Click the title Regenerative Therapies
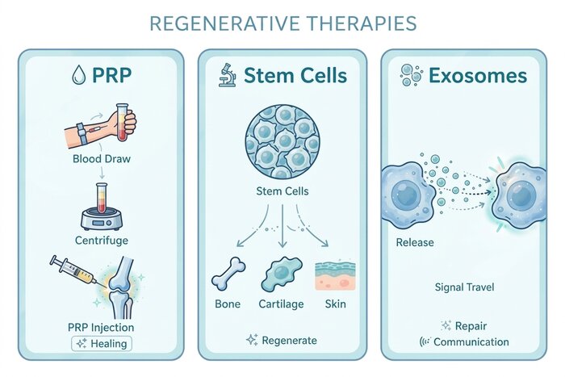click(x=282, y=23)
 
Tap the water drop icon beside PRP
click(x=79, y=75)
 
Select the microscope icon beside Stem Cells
click(x=227, y=75)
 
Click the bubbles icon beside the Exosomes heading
click(x=411, y=75)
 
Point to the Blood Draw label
click(x=102, y=158)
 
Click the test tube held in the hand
click(x=122, y=122)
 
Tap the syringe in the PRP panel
click(x=73, y=270)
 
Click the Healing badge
click(x=102, y=343)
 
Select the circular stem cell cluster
click(x=282, y=141)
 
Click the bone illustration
click(x=228, y=274)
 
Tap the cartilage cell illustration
click(x=282, y=274)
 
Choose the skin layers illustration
click(x=335, y=275)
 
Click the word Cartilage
click(x=281, y=304)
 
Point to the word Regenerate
click(x=289, y=340)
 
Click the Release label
click(x=415, y=242)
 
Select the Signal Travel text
click(x=464, y=287)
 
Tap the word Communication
click(x=471, y=341)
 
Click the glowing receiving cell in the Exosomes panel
click(x=520, y=195)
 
